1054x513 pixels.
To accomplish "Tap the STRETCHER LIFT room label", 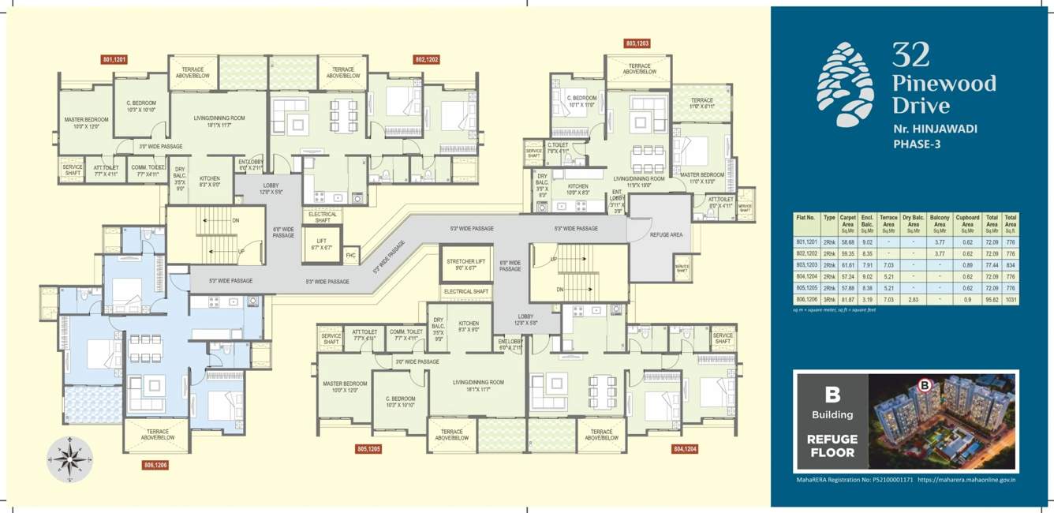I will click(x=465, y=264).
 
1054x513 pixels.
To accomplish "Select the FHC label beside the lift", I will click(x=351, y=255).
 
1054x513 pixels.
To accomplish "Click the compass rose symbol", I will click(x=69, y=460).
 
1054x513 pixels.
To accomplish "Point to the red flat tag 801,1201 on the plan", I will click(x=114, y=59).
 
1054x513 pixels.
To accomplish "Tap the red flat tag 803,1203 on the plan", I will click(x=637, y=43).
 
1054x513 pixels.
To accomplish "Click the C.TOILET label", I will click(x=559, y=148).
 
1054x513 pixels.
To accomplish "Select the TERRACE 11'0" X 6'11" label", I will click(x=702, y=103).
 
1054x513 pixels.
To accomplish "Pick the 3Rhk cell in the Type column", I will click(x=829, y=300).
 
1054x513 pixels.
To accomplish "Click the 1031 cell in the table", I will click(x=1010, y=300).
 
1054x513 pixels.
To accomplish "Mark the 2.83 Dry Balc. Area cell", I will click(x=913, y=300).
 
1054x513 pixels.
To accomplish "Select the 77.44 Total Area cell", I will click(x=992, y=266).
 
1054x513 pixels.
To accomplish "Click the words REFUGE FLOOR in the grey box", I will click(x=831, y=446).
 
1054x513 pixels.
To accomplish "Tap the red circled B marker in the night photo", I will click(x=925, y=386).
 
